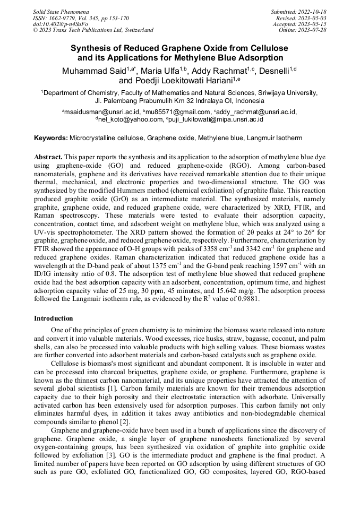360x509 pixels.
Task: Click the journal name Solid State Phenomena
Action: click(x=61, y=12)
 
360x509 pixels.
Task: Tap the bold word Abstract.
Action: click(x=48, y=158)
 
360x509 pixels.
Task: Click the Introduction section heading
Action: click(x=54, y=318)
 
